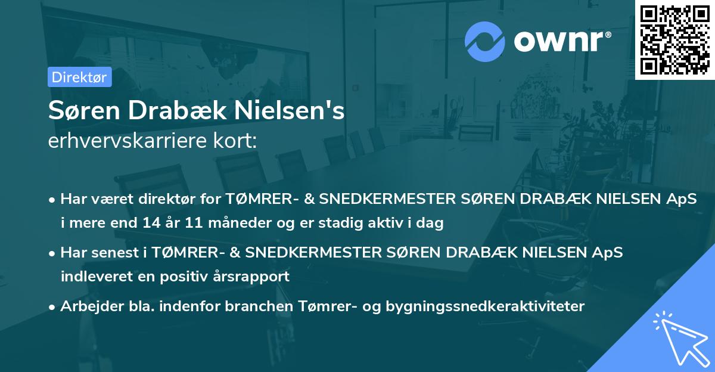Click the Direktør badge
point(79,77)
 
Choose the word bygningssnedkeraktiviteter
point(486,306)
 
